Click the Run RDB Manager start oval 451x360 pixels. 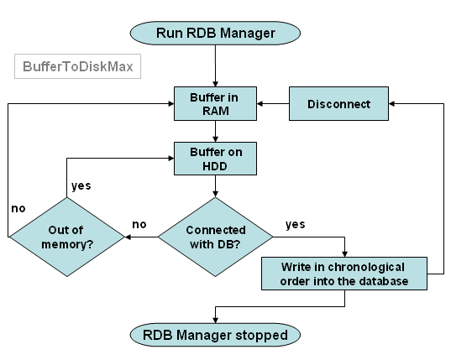coord(215,33)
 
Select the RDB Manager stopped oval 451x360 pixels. coord(215,335)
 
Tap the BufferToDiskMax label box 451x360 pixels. coord(77,66)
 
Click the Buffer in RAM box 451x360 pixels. coord(215,104)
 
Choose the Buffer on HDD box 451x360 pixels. coord(215,159)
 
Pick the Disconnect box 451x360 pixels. coord(338,104)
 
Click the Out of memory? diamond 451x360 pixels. coord(66,237)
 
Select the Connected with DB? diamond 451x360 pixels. coord(215,237)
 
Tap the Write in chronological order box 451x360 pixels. coord(344,274)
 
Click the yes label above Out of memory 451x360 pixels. coord(81,186)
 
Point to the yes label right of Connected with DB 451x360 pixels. coord(296,224)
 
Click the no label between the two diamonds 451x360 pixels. coord(139,224)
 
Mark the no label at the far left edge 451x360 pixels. coord(18,209)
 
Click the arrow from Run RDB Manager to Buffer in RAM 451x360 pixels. coord(215,65)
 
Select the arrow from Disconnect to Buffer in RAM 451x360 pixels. coord(273,104)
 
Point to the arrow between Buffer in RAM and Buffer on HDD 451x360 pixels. coord(215,131)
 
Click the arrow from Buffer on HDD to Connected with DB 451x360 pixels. coord(215,186)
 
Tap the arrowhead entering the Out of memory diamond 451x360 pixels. coord(128,237)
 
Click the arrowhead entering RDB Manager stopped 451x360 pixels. coord(216,320)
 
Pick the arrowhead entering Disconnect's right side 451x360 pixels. coord(391,104)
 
